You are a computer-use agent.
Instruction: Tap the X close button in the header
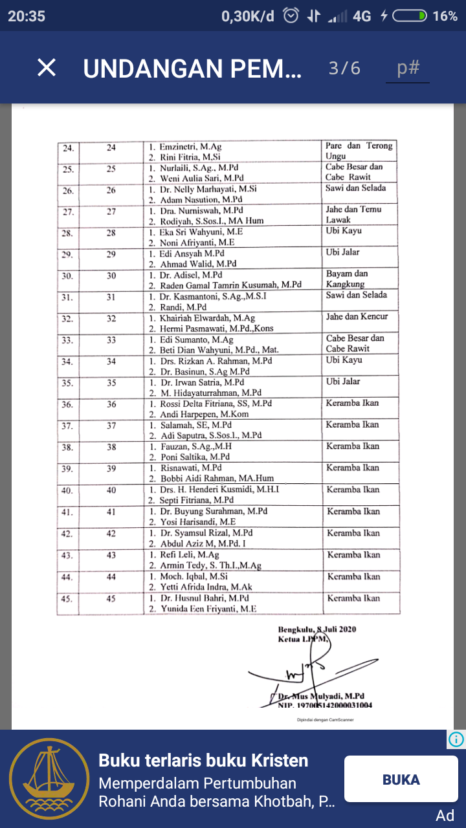[x=47, y=67]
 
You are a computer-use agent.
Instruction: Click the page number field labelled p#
[x=408, y=68]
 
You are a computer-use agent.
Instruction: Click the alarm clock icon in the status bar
[x=292, y=16]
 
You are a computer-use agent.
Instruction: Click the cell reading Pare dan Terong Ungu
[x=359, y=151]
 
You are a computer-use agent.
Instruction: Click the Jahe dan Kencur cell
[x=357, y=317]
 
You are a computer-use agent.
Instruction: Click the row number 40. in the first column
[x=67, y=490]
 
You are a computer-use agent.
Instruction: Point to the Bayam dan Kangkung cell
[x=355, y=279]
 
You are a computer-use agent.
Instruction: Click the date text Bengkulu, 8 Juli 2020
[x=317, y=629]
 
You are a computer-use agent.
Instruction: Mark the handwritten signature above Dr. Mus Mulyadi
[x=304, y=673]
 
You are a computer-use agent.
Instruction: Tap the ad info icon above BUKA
[x=456, y=739]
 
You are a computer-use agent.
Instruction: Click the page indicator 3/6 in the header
[x=344, y=68]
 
